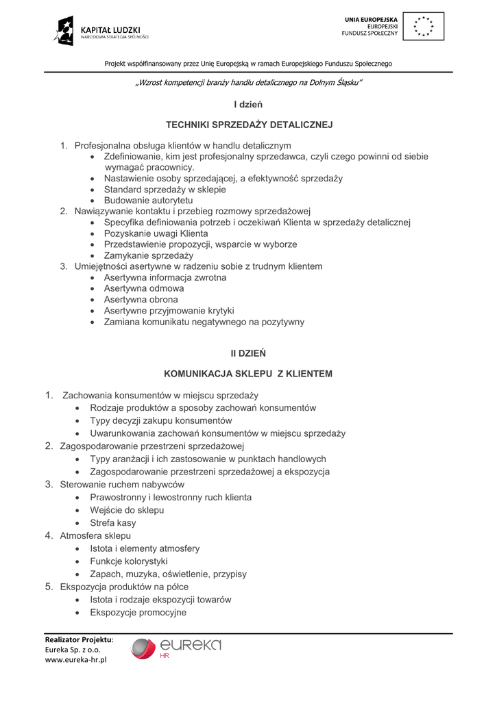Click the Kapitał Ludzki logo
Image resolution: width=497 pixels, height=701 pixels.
pos(101,31)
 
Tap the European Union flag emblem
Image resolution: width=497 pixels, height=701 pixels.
pos(422,27)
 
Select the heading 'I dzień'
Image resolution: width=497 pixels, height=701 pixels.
pos(248,105)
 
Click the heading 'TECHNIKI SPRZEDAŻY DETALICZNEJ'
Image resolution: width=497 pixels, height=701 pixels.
pos(249,125)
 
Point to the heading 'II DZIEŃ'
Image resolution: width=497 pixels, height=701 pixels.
pos(248,353)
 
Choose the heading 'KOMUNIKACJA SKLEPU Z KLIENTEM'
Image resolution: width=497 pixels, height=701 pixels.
pos(248,374)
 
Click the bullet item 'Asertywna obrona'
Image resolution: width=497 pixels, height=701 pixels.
pos(141,300)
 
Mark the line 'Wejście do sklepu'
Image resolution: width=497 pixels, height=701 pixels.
pos(127,510)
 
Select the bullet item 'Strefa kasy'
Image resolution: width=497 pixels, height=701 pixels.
pos(112,523)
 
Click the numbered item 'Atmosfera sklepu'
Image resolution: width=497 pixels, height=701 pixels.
pos(95,535)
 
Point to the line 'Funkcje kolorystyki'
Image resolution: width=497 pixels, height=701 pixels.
pos(129,561)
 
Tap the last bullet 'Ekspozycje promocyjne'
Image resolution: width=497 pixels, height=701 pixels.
pos(138,613)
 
